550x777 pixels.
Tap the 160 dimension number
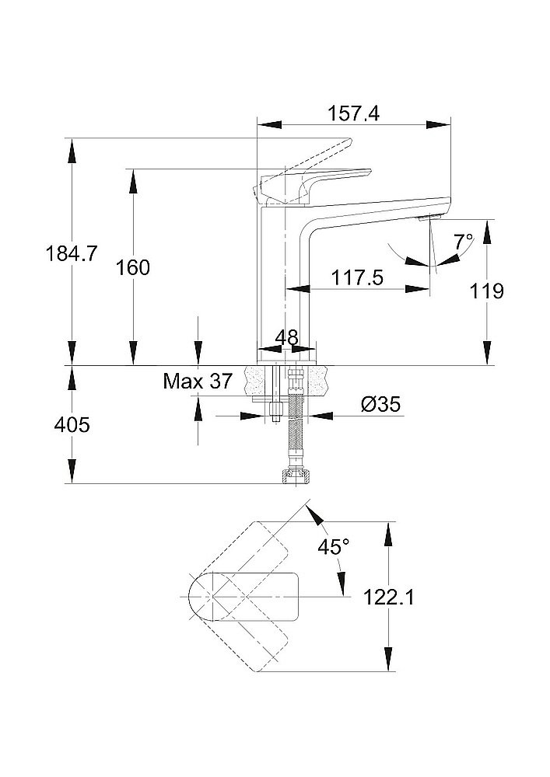pyautogui.click(x=133, y=268)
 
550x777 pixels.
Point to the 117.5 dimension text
pyautogui.click(x=357, y=277)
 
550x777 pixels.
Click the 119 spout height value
pyautogui.click(x=488, y=291)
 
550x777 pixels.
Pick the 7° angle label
pyautogui.click(x=464, y=242)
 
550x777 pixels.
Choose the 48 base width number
pyautogui.click(x=286, y=338)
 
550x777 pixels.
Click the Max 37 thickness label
pyautogui.click(x=198, y=382)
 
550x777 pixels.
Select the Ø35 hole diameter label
pyautogui.click(x=381, y=404)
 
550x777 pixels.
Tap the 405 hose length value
pyautogui.click(x=72, y=425)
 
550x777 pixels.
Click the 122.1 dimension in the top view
pyautogui.click(x=388, y=598)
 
